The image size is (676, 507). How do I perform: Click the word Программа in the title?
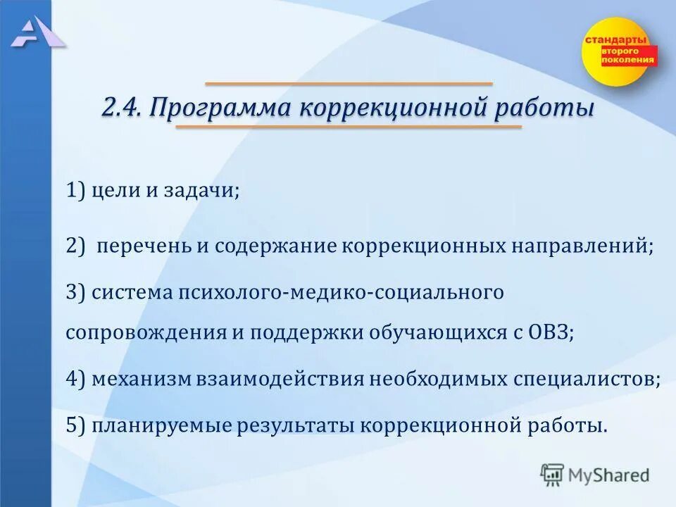(x=220, y=109)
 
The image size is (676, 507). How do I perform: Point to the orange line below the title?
(x=349, y=127)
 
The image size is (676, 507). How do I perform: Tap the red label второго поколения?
(x=627, y=56)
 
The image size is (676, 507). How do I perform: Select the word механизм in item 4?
(x=142, y=379)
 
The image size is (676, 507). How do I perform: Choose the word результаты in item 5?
(x=299, y=425)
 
